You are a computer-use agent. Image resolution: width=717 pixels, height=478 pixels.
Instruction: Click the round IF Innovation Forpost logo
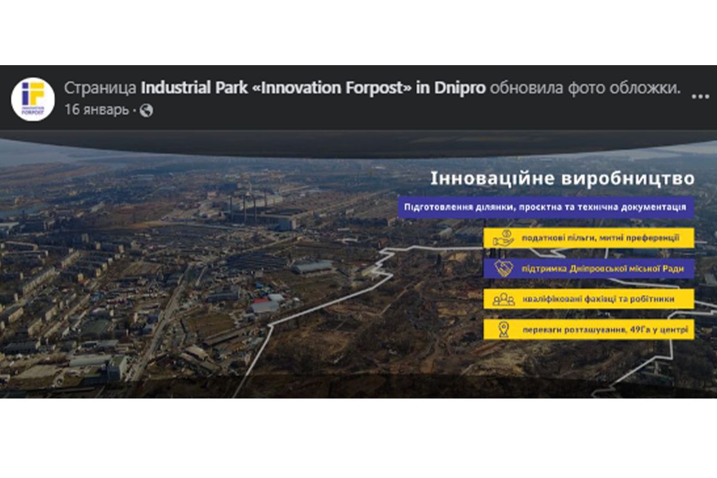coord(33,99)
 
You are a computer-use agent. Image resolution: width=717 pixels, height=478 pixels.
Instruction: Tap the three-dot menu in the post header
coord(700,96)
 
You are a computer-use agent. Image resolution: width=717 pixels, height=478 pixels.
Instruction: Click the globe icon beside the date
coord(146,111)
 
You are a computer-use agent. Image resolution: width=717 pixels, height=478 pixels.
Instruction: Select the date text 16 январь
coord(96,111)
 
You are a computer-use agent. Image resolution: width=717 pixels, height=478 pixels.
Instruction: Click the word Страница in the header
coord(100,88)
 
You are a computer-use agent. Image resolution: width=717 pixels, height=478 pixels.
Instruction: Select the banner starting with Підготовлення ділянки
coord(546,207)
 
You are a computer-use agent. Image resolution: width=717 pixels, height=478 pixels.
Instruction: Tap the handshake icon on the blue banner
coord(503,269)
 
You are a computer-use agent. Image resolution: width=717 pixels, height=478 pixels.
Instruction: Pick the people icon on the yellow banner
coord(503,299)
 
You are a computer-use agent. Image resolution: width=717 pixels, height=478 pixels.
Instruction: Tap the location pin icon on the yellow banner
coord(503,329)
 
